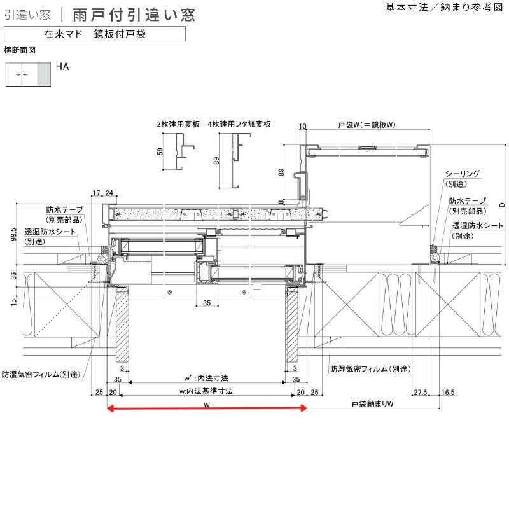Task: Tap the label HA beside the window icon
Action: [62, 66]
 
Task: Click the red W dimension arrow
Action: [207, 408]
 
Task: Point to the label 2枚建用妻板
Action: [178, 124]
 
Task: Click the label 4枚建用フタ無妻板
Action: [239, 124]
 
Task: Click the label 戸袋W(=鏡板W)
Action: [368, 124]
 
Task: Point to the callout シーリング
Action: [462, 174]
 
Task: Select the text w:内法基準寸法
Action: [207, 391]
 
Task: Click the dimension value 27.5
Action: [420, 392]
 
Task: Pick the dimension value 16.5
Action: [448, 392]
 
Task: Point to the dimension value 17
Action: [96, 193]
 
